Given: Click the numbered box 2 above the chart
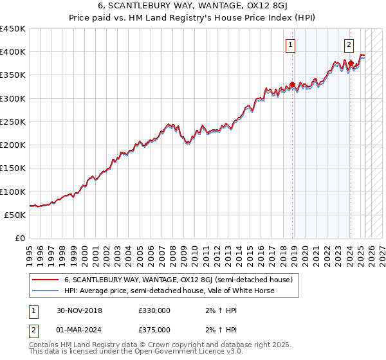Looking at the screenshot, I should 349,45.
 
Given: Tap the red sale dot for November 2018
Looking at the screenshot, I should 292,84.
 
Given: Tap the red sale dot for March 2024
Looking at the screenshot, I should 350,64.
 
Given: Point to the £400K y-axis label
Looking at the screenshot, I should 13,52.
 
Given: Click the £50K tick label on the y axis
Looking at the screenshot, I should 15,215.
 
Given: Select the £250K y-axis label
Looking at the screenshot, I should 13,122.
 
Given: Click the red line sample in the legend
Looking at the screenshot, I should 45,280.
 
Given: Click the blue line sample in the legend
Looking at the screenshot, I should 45,291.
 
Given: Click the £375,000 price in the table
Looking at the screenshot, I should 154,330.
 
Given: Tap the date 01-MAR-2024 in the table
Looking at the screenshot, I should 80,330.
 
